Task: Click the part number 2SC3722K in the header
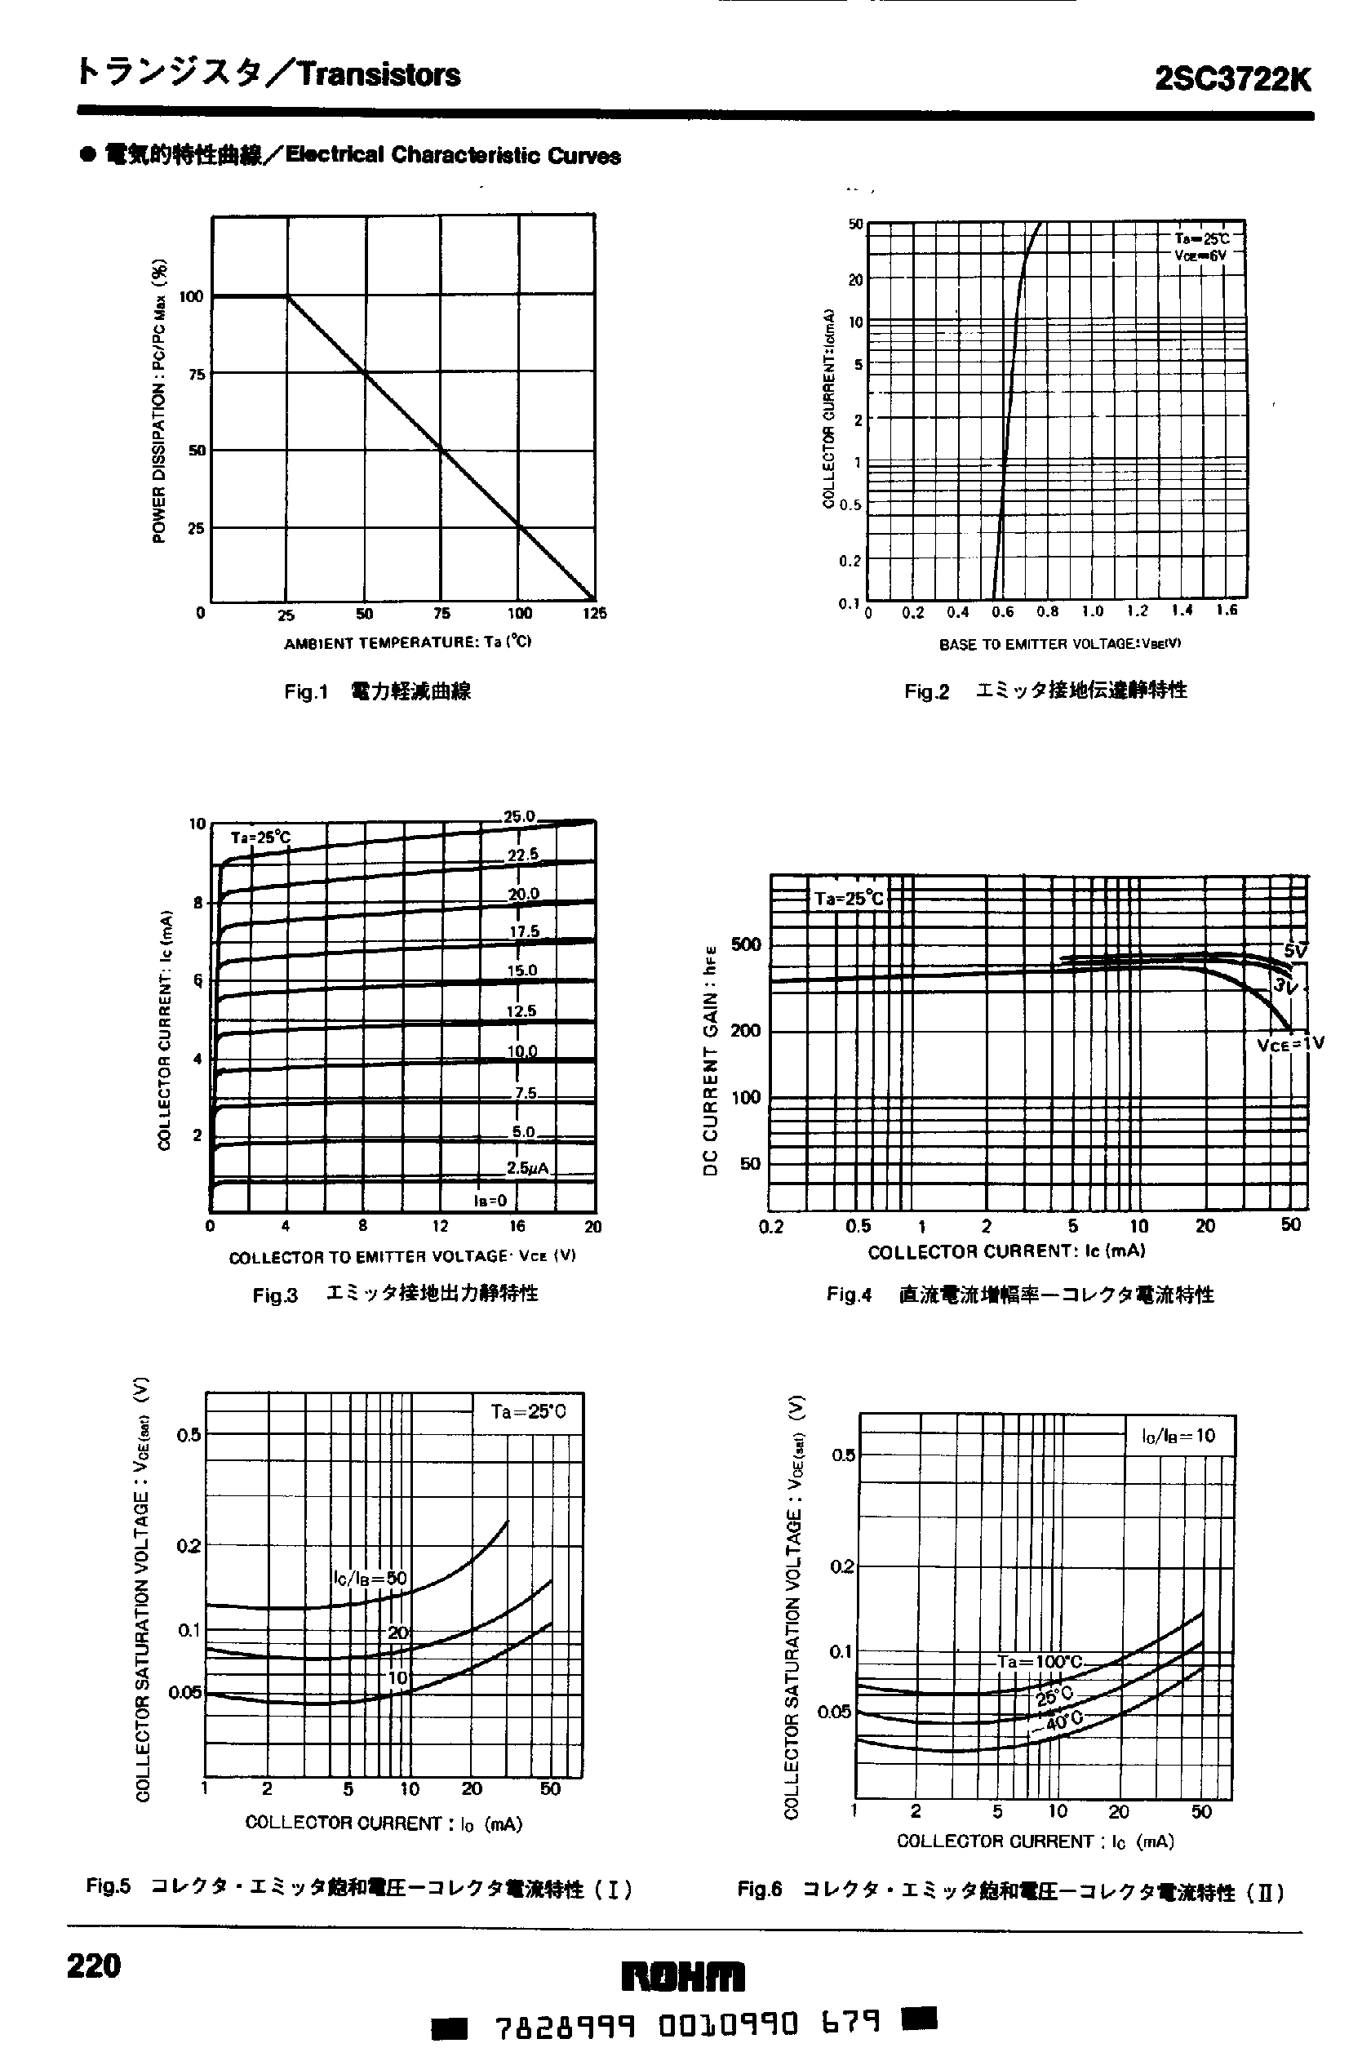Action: coord(1233,78)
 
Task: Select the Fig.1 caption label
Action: coord(305,691)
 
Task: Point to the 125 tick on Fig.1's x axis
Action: coord(595,614)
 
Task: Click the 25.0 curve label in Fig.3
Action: coord(518,817)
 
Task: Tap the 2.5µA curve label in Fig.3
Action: coord(527,1168)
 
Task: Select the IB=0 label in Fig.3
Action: coord(490,1201)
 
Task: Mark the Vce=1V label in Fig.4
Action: coord(1290,1042)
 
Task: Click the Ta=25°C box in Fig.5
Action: coord(527,1411)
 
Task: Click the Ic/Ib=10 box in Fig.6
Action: coord(1178,1435)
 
